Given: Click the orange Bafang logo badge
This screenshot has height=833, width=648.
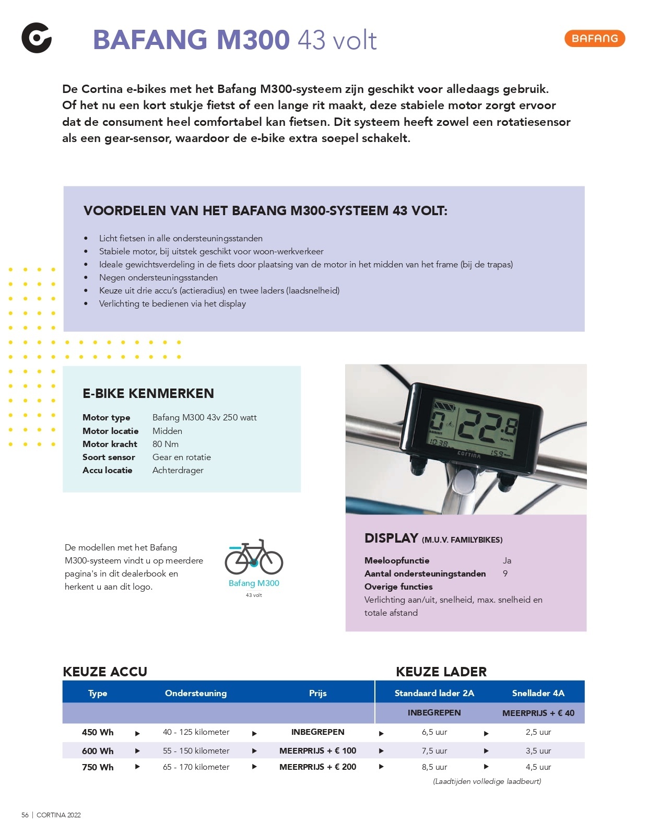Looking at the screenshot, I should tap(594, 38).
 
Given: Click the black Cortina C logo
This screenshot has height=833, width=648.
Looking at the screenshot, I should tap(37, 38).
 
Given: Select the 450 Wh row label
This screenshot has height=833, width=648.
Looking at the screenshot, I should tap(98, 732).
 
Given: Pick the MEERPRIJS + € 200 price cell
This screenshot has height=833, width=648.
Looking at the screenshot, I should tap(317, 767).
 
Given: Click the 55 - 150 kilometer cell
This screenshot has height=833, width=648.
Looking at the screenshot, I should tap(196, 750).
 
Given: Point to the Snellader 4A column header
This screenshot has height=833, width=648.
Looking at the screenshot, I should tap(538, 693).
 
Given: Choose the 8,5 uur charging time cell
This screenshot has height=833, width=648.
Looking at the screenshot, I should tap(434, 767).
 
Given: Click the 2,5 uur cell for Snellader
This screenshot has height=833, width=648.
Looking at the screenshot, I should tap(538, 732).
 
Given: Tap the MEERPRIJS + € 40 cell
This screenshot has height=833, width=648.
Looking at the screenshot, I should tap(538, 713).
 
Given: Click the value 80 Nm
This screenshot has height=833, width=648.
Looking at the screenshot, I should tap(166, 444).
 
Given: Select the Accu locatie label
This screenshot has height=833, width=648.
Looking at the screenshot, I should tap(108, 470).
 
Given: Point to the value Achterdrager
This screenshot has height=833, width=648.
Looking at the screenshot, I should tap(178, 470).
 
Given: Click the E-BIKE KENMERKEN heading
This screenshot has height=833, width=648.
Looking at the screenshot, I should tap(148, 393).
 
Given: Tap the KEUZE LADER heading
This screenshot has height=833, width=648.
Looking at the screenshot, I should tap(441, 672).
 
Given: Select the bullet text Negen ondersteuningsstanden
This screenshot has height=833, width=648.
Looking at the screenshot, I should tap(158, 277).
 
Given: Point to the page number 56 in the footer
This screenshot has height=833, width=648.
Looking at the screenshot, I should tap(25, 815).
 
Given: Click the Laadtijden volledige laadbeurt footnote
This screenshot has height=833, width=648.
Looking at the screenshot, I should tap(487, 781).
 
